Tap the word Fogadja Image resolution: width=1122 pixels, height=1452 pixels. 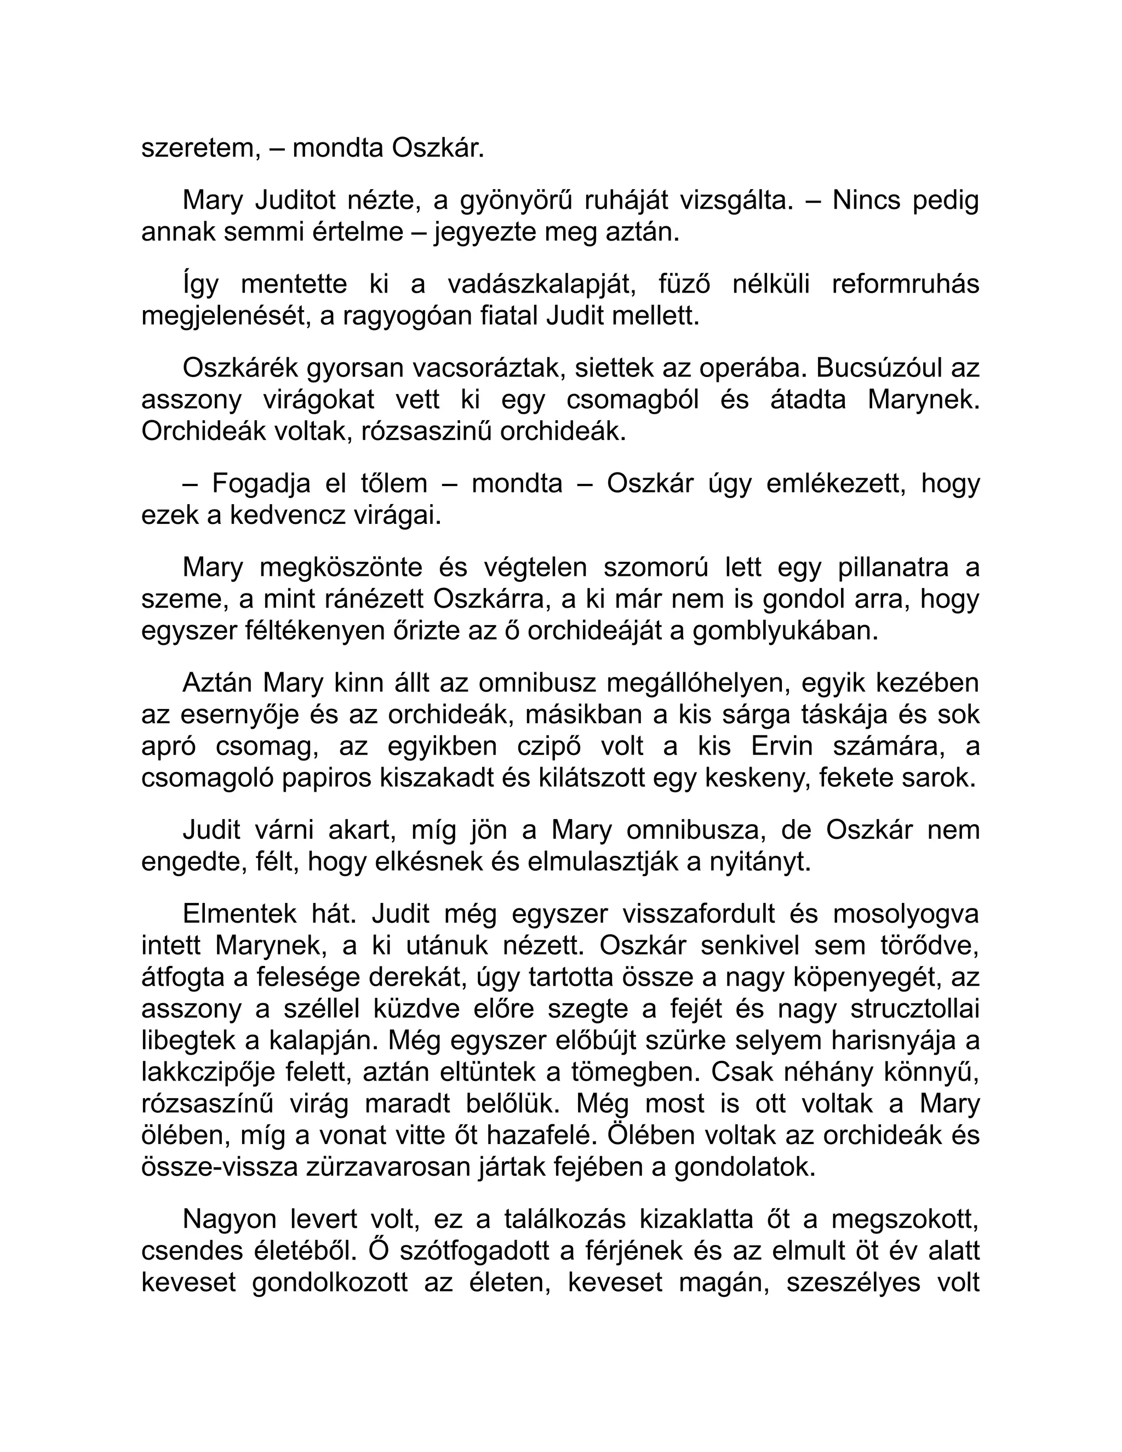point(261,483)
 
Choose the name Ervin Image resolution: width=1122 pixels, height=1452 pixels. point(782,747)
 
